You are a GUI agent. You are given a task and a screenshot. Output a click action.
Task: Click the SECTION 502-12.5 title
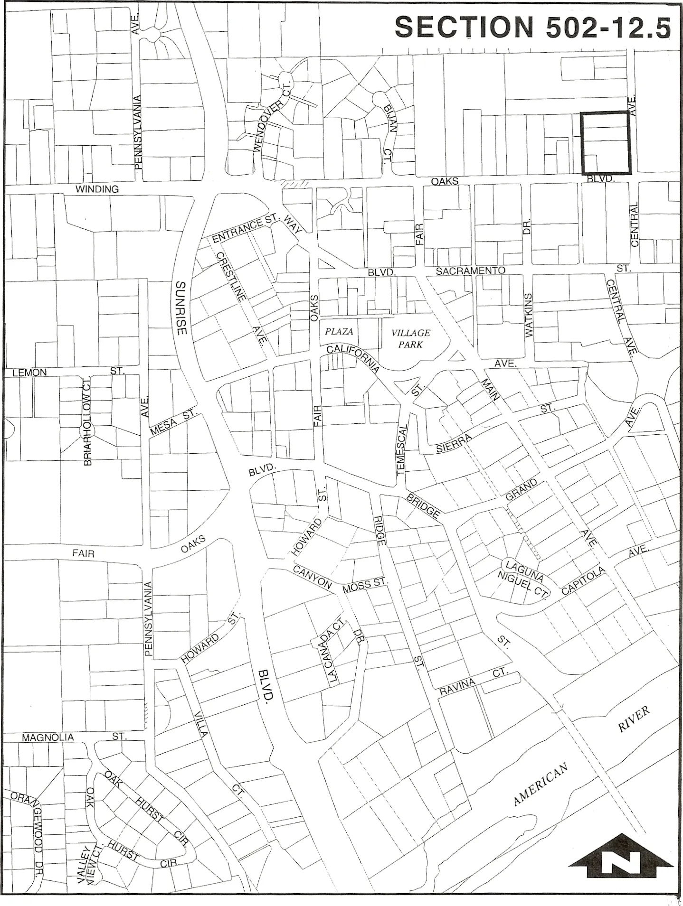532,27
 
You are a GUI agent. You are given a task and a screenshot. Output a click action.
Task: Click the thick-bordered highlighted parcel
605,143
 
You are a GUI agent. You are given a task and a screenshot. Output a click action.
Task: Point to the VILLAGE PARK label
411,338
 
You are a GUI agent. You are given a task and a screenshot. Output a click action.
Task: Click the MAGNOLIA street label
48,738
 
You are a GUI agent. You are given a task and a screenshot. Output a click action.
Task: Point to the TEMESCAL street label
402,449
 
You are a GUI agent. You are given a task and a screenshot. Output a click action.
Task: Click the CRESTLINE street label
232,277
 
